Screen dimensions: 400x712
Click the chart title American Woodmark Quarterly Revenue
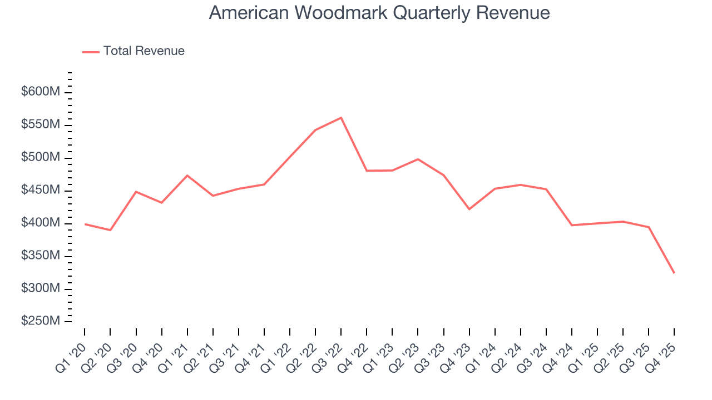tap(379, 13)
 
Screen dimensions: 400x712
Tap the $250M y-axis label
tap(41, 321)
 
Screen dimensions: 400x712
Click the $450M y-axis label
tap(41, 190)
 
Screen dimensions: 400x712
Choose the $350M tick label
tap(41, 256)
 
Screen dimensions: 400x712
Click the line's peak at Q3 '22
tap(341, 118)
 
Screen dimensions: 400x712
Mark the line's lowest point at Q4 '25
tap(674, 273)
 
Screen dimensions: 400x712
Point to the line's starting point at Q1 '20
tap(85, 224)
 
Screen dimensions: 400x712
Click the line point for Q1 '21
tap(187, 176)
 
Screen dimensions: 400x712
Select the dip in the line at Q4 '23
tap(469, 209)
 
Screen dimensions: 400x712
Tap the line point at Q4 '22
tap(367, 171)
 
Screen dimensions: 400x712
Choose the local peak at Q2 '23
tap(418, 159)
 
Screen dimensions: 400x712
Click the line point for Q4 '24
tap(572, 225)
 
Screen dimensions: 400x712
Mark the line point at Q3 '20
tap(136, 192)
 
